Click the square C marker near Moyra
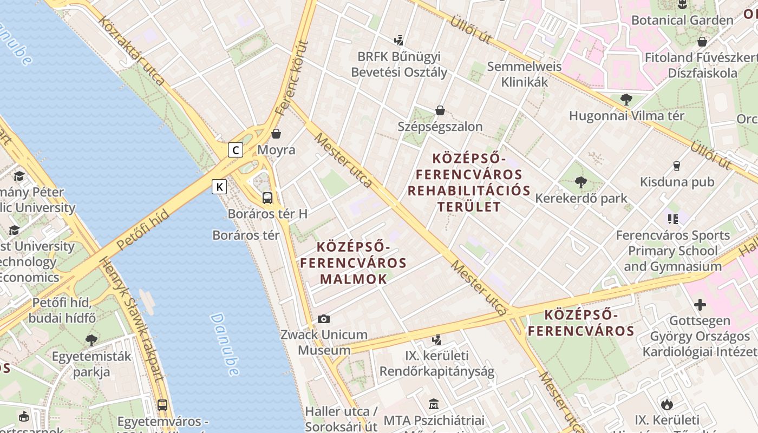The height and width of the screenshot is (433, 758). [235, 149]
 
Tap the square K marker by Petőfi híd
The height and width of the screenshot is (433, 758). [219, 187]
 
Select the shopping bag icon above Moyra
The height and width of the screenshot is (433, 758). [276, 133]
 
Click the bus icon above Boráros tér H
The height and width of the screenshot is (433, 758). [267, 198]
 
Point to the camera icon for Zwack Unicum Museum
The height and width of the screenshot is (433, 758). [324, 319]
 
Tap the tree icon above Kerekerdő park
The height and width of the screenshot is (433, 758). [581, 182]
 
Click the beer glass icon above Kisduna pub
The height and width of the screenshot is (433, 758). [677, 166]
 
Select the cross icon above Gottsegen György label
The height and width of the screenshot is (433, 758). [700, 305]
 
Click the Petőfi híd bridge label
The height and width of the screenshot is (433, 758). [143, 230]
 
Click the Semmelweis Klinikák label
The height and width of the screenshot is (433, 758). [524, 74]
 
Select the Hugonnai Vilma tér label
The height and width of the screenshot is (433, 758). [626, 115]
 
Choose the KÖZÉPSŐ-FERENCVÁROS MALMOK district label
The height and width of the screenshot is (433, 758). [354, 263]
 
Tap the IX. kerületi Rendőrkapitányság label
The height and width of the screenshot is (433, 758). [437, 364]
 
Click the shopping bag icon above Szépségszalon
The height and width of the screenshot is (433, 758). [440, 110]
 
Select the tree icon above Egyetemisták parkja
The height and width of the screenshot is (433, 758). [92, 340]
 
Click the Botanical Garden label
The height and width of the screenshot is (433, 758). [682, 21]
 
